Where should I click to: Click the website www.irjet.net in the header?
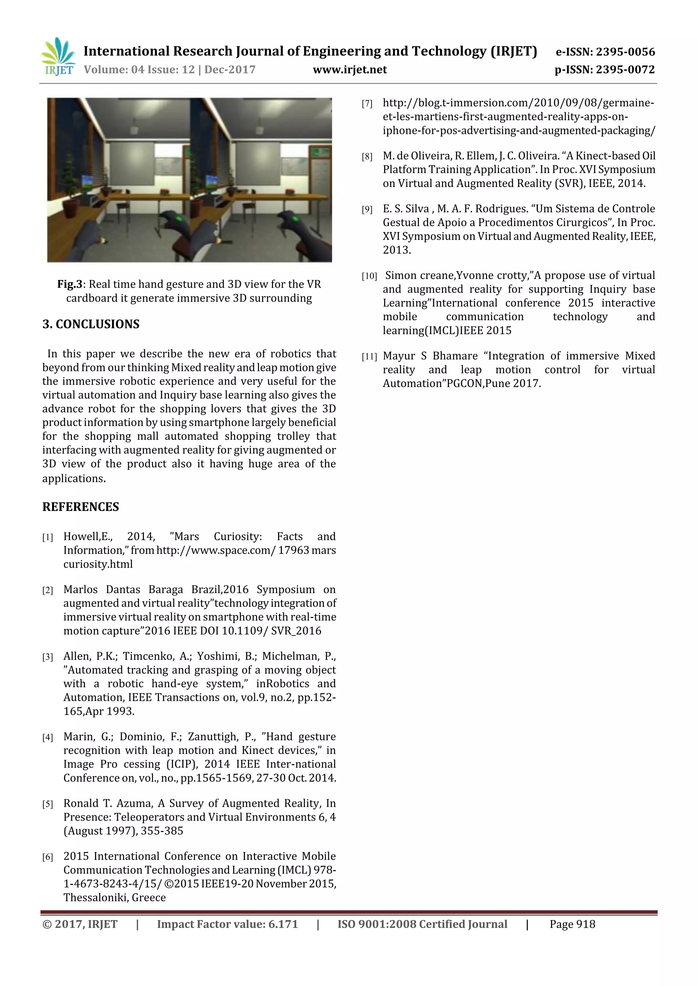(350, 70)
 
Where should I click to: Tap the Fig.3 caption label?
(69, 284)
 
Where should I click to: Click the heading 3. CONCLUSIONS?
(91, 324)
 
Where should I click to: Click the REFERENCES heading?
(80, 507)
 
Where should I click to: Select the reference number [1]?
(47, 537)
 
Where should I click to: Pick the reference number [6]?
(47, 857)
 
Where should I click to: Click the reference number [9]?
(367, 210)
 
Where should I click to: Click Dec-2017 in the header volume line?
(230, 70)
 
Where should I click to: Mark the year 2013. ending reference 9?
(396, 250)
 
